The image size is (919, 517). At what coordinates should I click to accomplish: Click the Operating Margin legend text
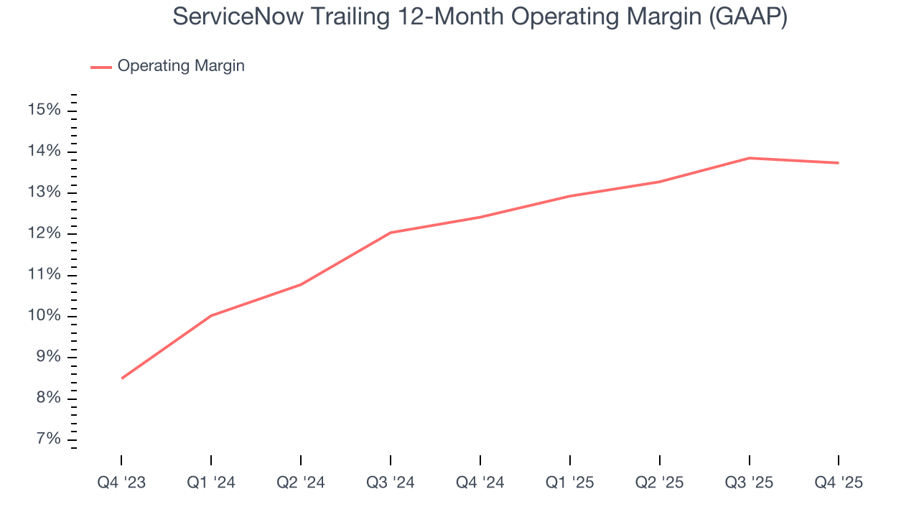pos(181,66)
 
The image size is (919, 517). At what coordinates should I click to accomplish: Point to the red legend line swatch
pos(101,67)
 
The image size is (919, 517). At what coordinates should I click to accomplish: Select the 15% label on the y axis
pos(43,110)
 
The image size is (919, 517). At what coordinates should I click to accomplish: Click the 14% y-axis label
pos(43,152)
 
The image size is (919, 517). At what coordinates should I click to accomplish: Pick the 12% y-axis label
pos(43,234)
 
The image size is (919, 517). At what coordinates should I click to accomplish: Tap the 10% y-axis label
pos(43,317)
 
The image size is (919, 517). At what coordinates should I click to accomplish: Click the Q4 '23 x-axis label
pos(121,483)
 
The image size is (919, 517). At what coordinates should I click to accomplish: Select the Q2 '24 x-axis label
pos(300,483)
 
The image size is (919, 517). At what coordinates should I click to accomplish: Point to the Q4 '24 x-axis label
pos(480,483)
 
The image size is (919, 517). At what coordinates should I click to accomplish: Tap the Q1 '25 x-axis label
pos(569,483)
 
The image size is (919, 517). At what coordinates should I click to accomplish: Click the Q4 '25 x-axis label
pos(838,483)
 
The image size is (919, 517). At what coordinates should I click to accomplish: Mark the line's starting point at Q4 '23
pos(121,378)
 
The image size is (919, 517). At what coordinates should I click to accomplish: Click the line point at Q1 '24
pos(211,316)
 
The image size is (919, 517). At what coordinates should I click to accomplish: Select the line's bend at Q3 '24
pos(390,233)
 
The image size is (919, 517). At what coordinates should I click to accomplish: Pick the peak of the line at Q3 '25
pos(749,158)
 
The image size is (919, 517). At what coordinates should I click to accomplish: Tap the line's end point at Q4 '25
pos(838,163)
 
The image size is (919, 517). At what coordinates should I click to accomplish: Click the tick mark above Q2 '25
pos(659,460)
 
